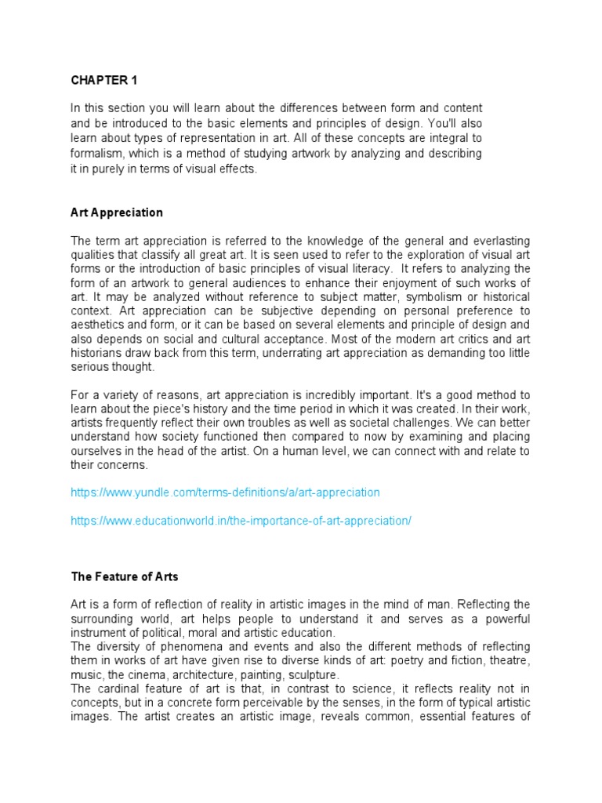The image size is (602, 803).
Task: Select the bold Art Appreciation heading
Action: [117, 213]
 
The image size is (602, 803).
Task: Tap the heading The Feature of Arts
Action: [125, 576]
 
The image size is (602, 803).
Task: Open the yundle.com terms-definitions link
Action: [225, 492]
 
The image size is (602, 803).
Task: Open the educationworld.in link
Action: [241, 521]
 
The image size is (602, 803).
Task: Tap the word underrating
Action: [240, 353]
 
